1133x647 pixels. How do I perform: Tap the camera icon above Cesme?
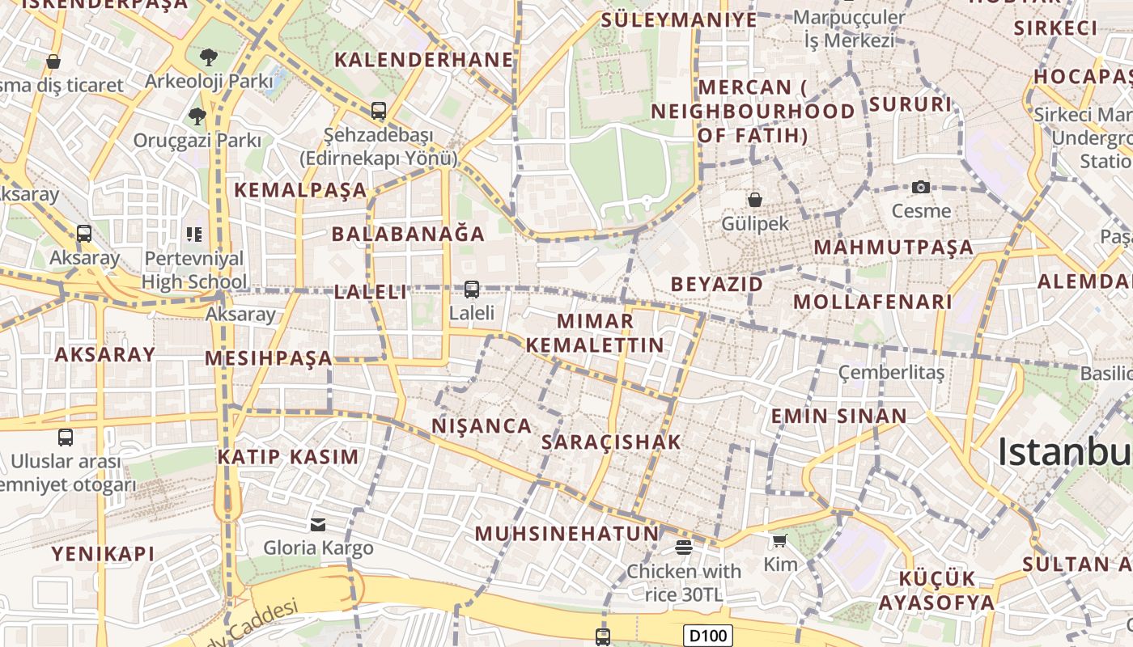(921, 188)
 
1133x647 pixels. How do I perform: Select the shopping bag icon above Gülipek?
(755, 199)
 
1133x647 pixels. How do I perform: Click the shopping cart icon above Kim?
(779, 540)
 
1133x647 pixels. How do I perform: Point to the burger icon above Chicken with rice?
(684, 548)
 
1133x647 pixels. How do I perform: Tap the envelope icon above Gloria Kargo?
(318, 525)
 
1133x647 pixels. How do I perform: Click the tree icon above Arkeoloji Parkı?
(209, 57)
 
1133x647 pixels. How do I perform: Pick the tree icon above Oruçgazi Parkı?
(197, 116)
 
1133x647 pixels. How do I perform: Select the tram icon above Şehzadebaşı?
(378, 111)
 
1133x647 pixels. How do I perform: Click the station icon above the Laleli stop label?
(472, 289)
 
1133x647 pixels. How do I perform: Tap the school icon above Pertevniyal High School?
(194, 235)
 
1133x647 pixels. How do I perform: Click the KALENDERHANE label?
(424, 60)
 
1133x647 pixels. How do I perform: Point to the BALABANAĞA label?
(408, 235)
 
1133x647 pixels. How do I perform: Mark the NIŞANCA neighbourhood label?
(482, 426)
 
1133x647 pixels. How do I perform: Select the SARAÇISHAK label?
(611, 442)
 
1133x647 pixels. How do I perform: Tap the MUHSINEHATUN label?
(566, 534)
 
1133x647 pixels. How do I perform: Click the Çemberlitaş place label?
(891, 373)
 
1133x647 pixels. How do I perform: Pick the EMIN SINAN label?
(839, 417)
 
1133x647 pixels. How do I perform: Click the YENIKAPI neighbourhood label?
(103, 554)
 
